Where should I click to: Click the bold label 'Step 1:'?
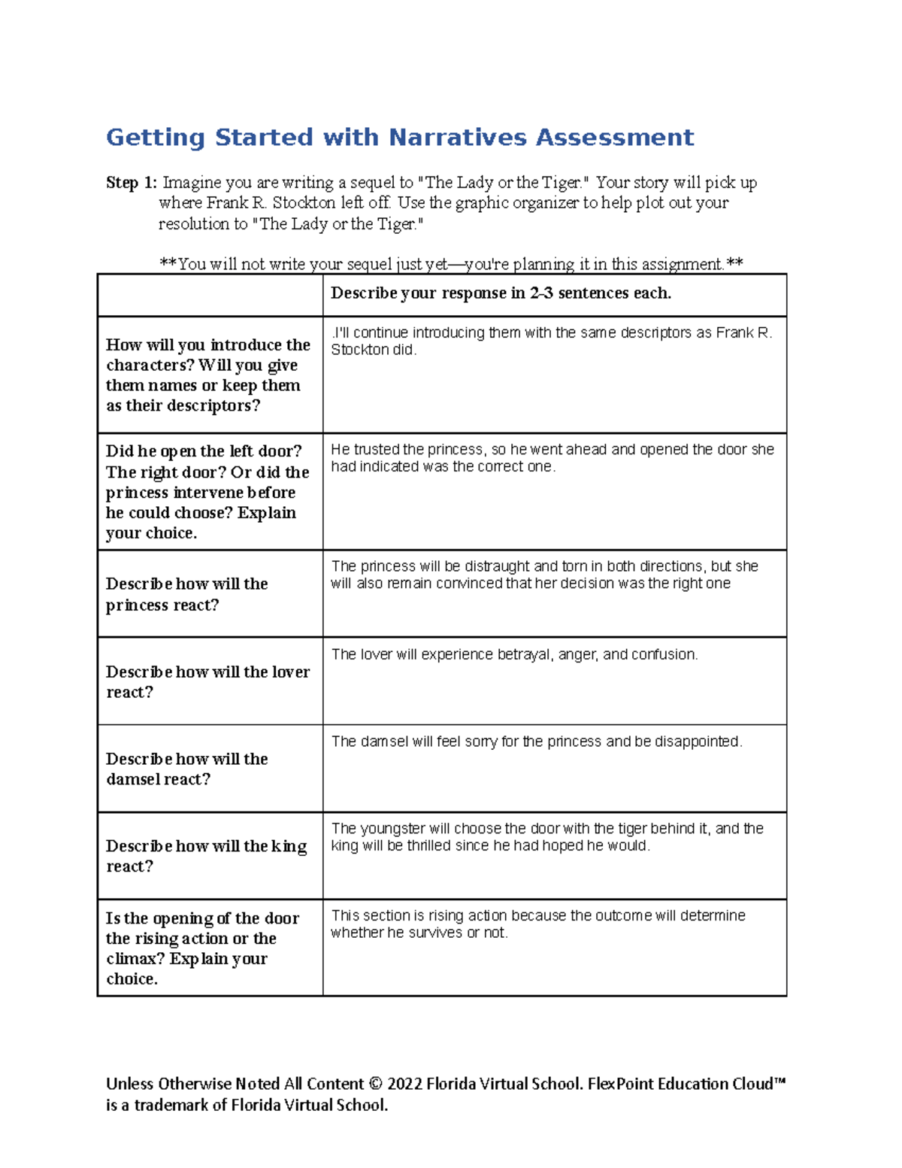pyautogui.click(x=132, y=183)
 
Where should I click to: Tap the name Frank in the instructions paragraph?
pyautogui.click(x=228, y=203)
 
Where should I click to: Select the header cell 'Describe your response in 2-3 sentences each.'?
pyautogui.click(x=501, y=293)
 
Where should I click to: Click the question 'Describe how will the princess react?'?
pyautogui.click(x=187, y=594)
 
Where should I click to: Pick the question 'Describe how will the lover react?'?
pyautogui.click(x=207, y=681)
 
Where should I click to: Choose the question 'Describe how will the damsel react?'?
pyautogui.click(x=187, y=769)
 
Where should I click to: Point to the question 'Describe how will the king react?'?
pyautogui.click(x=206, y=856)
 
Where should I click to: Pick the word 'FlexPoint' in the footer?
pyautogui.click(x=620, y=1084)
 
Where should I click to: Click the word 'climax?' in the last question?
pyautogui.click(x=135, y=959)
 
